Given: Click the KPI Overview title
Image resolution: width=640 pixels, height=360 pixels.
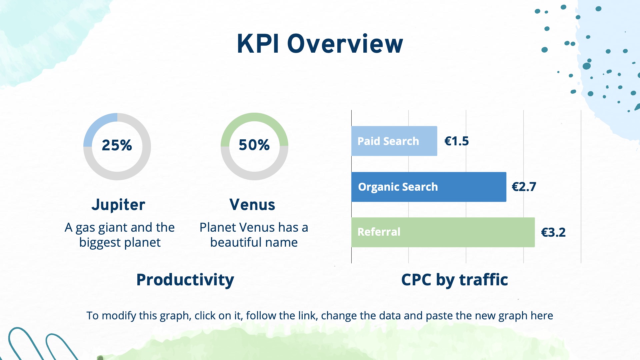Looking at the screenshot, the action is tap(320, 44).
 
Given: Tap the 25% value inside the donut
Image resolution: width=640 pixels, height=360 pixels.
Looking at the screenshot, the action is tap(117, 145).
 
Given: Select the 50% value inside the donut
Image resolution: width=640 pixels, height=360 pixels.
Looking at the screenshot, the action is tap(254, 145).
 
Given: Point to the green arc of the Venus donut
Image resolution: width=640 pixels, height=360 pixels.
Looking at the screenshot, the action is tap(255, 117).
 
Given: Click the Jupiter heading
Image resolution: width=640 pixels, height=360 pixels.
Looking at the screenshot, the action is tap(118, 205).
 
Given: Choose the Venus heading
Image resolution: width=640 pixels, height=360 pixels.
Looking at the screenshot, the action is tap(252, 205).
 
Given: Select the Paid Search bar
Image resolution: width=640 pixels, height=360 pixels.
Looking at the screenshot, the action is tap(394, 141).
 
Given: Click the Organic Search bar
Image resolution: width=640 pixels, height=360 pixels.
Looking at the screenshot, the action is tap(429, 187).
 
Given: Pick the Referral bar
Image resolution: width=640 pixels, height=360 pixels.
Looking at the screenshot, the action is tap(443, 232).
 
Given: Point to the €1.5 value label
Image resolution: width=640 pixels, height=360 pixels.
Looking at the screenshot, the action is tap(457, 141).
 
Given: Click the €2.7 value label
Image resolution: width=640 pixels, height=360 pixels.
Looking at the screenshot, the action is tap(524, 187).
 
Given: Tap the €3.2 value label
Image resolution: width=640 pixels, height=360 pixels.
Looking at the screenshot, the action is tap(553, 232).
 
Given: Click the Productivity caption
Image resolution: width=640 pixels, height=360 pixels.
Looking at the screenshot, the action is tap(185, 280).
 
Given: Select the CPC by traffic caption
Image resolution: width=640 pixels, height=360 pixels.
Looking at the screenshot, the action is tap(455, 280).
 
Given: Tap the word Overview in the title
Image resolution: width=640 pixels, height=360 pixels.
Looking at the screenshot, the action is tap(345, 44).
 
